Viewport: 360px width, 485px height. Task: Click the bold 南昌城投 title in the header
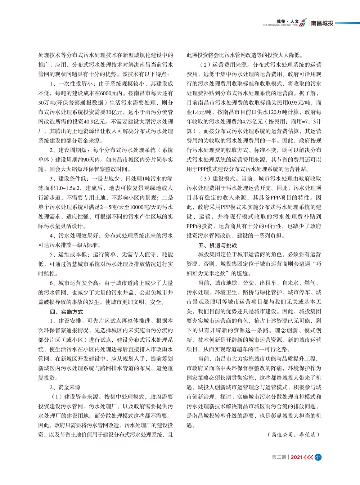(322, 23)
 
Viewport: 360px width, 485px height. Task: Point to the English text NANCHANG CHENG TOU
(280, 26)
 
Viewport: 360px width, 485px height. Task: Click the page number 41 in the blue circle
(318, 457)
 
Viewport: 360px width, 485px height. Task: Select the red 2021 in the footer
(296, 457)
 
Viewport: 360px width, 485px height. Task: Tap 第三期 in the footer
(279, 457)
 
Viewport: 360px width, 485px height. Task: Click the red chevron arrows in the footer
(309, 457)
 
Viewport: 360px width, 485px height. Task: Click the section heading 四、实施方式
(67, 311)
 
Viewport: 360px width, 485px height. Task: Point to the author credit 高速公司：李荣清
(294, 435)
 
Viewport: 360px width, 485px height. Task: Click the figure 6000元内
(109, 93)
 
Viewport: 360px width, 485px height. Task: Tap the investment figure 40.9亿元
(95, 122)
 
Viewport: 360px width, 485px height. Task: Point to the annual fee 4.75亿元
(253, 122)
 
